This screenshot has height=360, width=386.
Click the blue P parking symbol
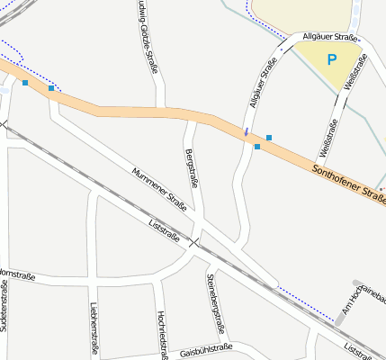[x=332, y=60]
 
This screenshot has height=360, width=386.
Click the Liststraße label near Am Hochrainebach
[x=365, y=351]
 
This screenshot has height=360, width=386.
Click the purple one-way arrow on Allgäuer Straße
[x=247, y=133]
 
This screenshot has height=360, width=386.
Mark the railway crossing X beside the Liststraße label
[x=193, y=241]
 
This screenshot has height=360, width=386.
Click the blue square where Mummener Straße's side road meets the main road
[x=51, y=88]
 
